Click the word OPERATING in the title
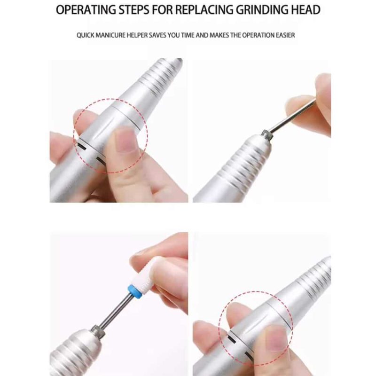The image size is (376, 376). click(x=86, y=10)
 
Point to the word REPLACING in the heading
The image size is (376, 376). click(x=204, y=10)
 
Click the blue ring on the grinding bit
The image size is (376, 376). click(x=134, y=291)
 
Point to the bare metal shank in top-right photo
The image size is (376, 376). click(x=291, y=116)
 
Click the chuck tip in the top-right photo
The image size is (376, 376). click(x=267, y=134)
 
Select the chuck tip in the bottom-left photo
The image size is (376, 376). click(x=98, y=331)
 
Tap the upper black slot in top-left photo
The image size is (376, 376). click(x=80, y=146)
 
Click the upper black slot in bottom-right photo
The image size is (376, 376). click(x=232, y=339)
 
